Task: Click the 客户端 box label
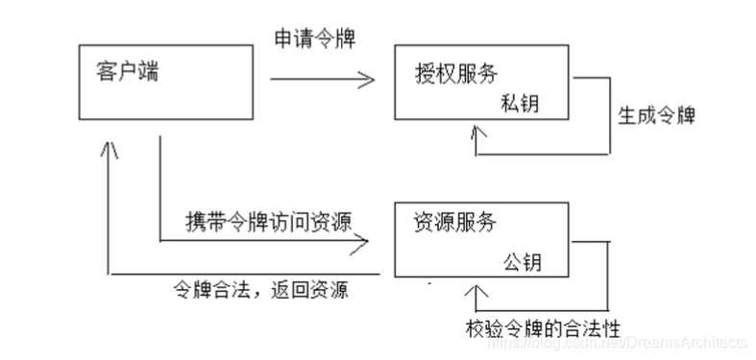pyautogui.click(x=128, y=71)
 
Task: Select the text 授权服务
pyautogui.click(x=456, y=73)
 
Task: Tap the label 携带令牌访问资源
pyautogui.click(x=267, y=220)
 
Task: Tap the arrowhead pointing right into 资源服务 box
pyautogui.click(x=361, y=244)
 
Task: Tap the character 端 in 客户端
pyautogui.click(x=149, y=71)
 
